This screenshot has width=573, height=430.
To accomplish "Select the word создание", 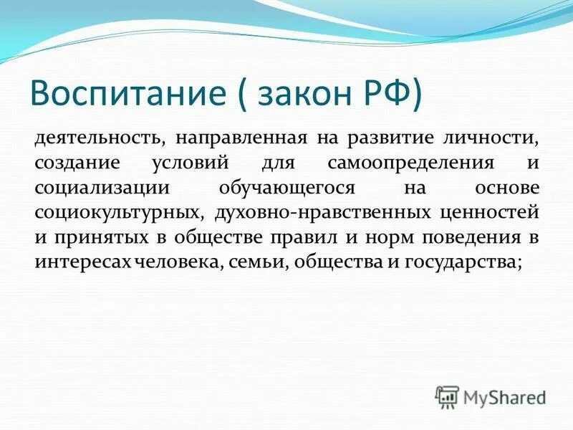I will tap(72, 162).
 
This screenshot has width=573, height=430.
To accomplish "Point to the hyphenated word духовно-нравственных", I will tap(318, 212).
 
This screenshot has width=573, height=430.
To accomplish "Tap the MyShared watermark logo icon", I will tap(448, 396).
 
